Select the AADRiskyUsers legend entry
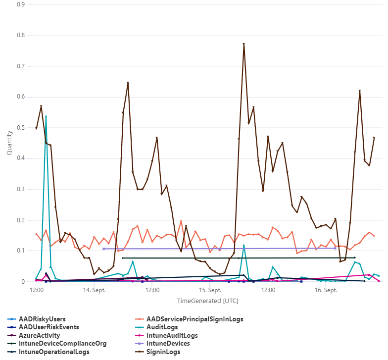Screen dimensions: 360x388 42,319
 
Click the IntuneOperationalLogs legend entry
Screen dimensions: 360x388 54,352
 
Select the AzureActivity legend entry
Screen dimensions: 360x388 39,336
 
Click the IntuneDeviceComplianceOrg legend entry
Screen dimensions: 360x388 62,344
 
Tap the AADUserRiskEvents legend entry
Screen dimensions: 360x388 48,327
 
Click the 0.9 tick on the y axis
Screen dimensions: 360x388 21,4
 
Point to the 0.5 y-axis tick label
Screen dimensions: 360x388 21,128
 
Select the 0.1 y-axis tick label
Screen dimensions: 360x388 21,251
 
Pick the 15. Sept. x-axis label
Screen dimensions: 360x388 210,290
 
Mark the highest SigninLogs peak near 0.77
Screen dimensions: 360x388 244,44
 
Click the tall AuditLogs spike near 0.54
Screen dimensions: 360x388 46,116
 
